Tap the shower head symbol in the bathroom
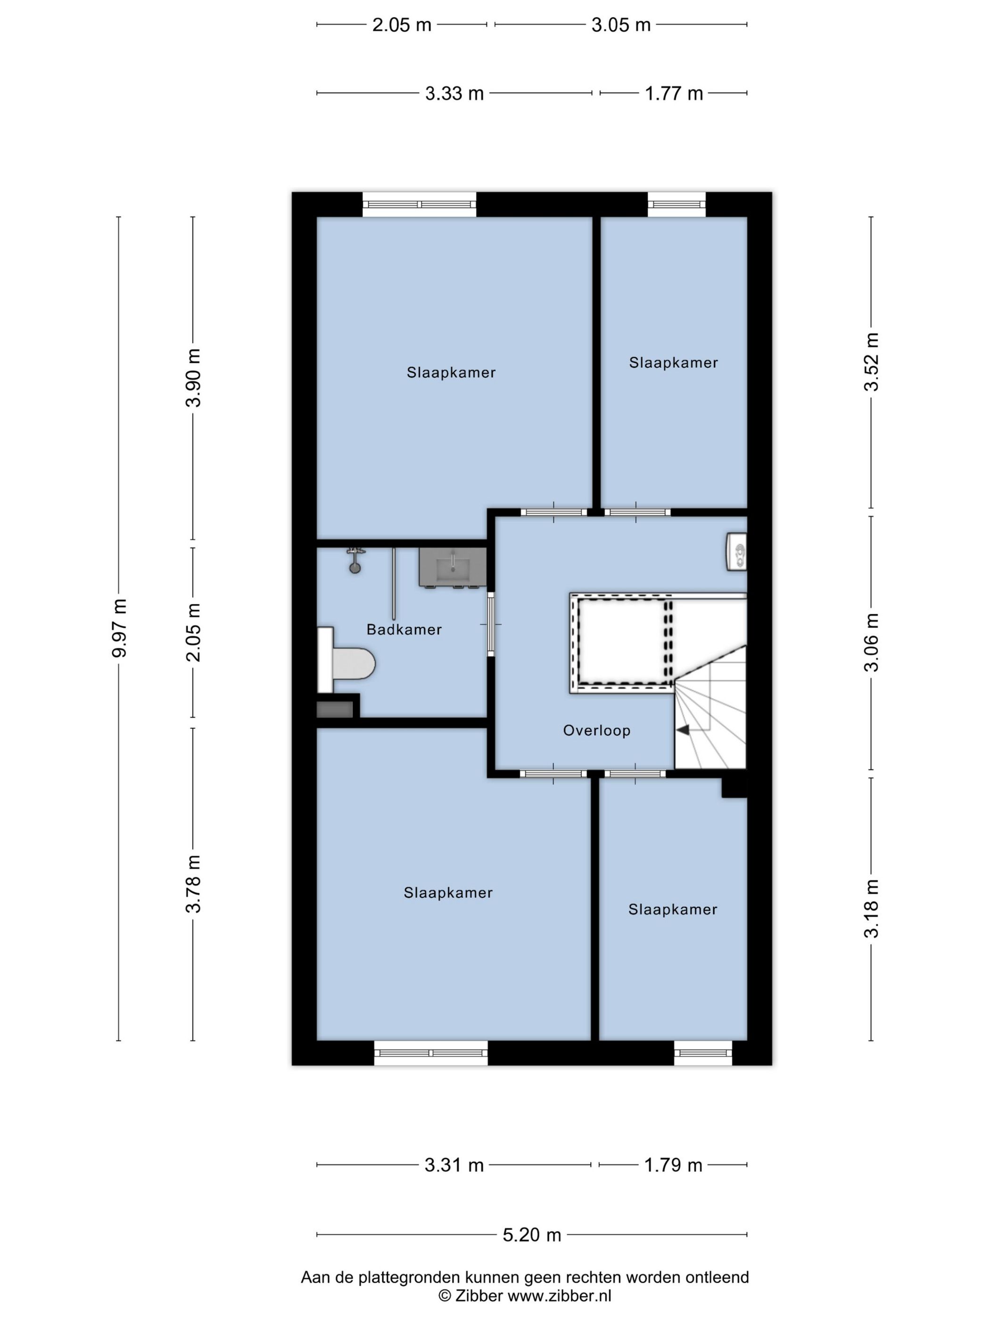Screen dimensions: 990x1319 tap(355, 560)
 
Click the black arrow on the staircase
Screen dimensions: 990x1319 tap(683, 729)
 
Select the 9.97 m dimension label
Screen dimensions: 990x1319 tap(119, 627)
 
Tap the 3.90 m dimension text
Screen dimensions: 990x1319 tap(193, 377)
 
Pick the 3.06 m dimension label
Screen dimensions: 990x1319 tap(871, 642)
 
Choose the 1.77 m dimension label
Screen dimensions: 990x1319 tap(674, 94)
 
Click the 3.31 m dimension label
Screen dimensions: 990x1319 tap(454, 1164)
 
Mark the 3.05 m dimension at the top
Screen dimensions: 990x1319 tap(620, 25)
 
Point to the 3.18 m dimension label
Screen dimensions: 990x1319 tap(871, 908)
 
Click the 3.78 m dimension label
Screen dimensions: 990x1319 tap(193, 884)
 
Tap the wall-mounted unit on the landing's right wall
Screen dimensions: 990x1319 tap(737, 552)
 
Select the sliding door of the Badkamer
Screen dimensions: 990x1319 tap(491, 624)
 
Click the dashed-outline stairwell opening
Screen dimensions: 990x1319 tap(622, 642)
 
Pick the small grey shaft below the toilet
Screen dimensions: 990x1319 tap(335, 709)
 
